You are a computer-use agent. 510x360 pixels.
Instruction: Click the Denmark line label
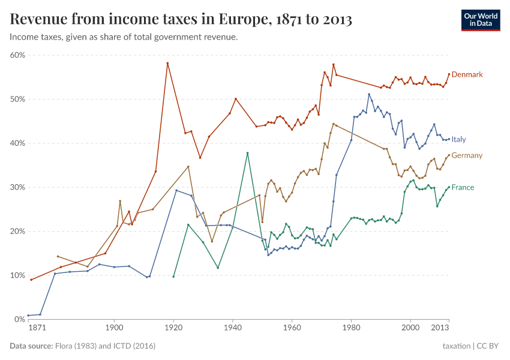(x=467, y=74)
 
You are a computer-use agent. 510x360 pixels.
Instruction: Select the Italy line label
(x=458, y=139)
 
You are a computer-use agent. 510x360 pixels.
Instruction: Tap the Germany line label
(x=467, y=155)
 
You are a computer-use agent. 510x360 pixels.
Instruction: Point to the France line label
(x=463, y=187)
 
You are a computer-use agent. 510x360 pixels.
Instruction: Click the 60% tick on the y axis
(x=17, y=55)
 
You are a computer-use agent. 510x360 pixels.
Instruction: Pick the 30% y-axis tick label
(x=17, y=187)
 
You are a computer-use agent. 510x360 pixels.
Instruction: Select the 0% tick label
(x=20, y=319)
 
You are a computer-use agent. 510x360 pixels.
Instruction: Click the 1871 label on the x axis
(x=37, y=329)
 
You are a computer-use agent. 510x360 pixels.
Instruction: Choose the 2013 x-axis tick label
(x=440, y=329)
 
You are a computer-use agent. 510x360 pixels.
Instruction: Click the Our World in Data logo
(x=481, y=20)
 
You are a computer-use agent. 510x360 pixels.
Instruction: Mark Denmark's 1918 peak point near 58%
(x=167, y=63)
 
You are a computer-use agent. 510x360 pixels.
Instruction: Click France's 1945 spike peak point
(x=247, y=153)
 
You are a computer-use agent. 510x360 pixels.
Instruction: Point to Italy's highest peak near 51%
(x=369, y=94)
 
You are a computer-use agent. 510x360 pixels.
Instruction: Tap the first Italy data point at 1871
(x=28, y=315)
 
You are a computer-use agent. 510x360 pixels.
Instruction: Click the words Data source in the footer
(x=31, y=346)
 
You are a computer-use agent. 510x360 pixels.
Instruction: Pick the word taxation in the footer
(x=456, y=346)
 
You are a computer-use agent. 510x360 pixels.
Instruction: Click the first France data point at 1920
(x=173, y=277)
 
